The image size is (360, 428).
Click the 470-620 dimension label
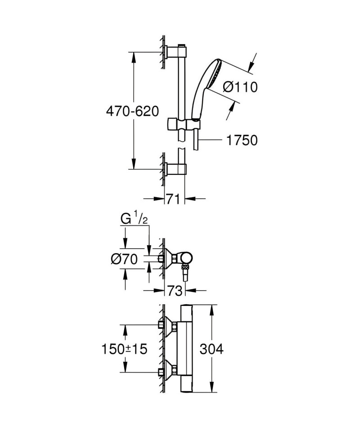click(132, 111)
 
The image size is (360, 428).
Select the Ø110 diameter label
click(240, 87)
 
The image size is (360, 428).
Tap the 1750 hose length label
click(242, 140)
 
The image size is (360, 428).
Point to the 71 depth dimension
click(173, 199)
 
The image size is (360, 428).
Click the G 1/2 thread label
click(134, 219)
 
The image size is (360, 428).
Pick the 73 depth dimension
click(175, 291)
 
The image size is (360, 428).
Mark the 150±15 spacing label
click(124, 349)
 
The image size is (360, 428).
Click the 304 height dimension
click(211, 349)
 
